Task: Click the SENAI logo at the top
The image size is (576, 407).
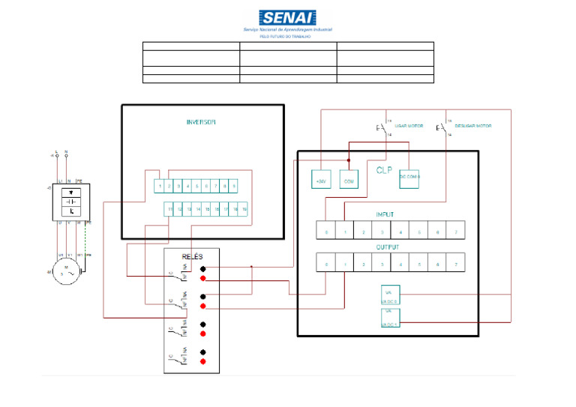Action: pyautogui.click(x=288, y=18)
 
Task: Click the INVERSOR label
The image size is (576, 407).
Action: pyautogui.click(x=201, y=122)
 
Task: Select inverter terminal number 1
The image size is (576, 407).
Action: pyautogui.click(x=160, y=185)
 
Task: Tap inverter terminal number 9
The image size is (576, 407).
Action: pyautogui.click(x=235, y=185)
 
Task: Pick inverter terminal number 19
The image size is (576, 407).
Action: pyautogui.click(x=244, y=210)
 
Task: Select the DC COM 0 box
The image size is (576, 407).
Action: pyautogui.click(x=409, y=177)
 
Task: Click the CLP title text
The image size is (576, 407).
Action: pyautogui.click(x=384, y=170)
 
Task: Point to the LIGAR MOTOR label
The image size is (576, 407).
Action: pyautogui.click(x=408, y=127)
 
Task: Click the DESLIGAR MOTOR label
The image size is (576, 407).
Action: pyautogui.click(x=473, y=127)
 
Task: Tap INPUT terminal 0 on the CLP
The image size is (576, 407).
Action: pyautogui.click(x=325, y=232)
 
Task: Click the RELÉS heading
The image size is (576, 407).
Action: pyautogui.click(x=192, y=256)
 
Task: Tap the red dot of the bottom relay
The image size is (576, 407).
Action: pyautogui.click(x=203, y=361)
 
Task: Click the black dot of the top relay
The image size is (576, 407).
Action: pyautogui.click(x=203, y=268)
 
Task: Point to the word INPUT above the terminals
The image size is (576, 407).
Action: pyautogui.click(x=384, y=214)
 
